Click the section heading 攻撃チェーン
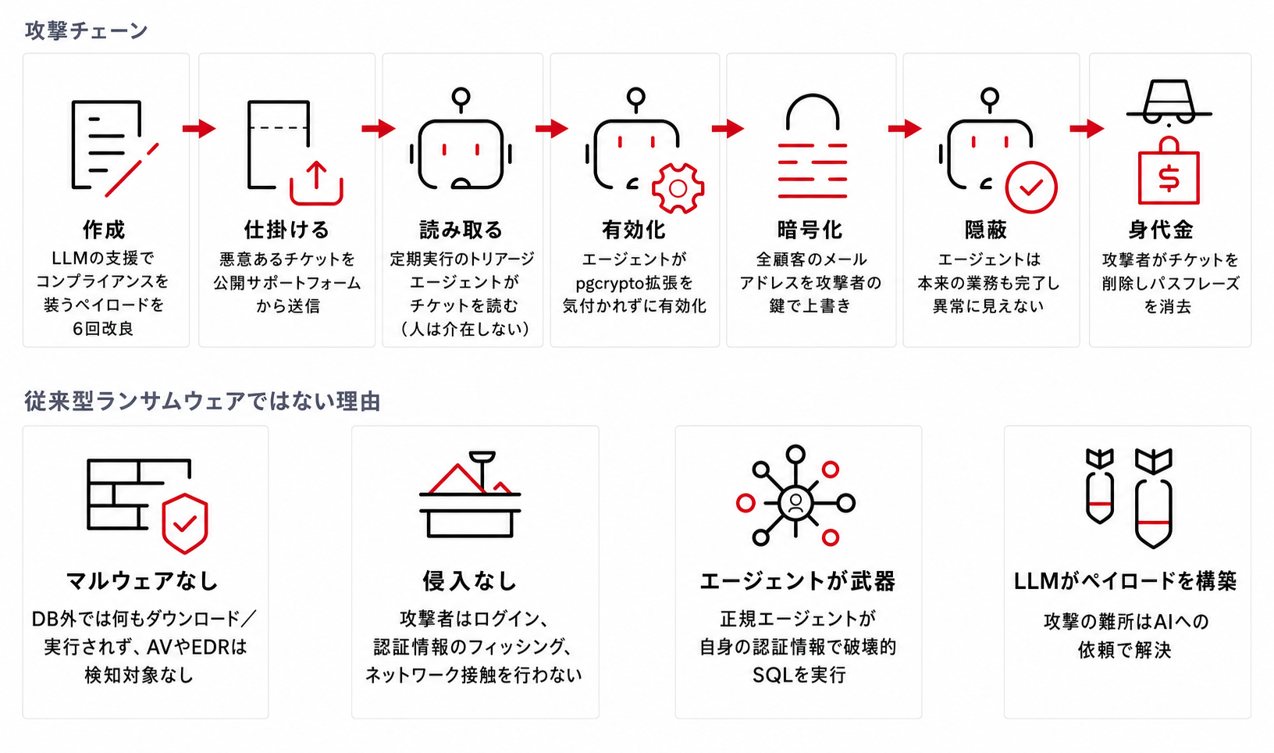click(87, 30)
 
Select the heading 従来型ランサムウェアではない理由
click(202, 401)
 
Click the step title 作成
click(104, 230)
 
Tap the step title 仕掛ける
click(286, 230)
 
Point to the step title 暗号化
click(810, 230)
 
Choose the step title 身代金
click(1162, 230)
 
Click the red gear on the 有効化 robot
click(678, 188)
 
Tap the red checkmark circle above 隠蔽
click(1031, 187)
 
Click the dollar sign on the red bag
click(1169, 178)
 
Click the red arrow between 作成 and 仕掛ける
click(199, 129)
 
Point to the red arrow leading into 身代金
click(1087, 129)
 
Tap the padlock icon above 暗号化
click(812, 146)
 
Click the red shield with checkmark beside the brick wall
click(185, 523)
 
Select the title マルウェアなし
click(142, 581)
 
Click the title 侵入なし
click(470, 581)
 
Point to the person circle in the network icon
click(795, 502)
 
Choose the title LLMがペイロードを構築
click(1126, 581)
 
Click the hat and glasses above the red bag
click(1169, 102)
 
